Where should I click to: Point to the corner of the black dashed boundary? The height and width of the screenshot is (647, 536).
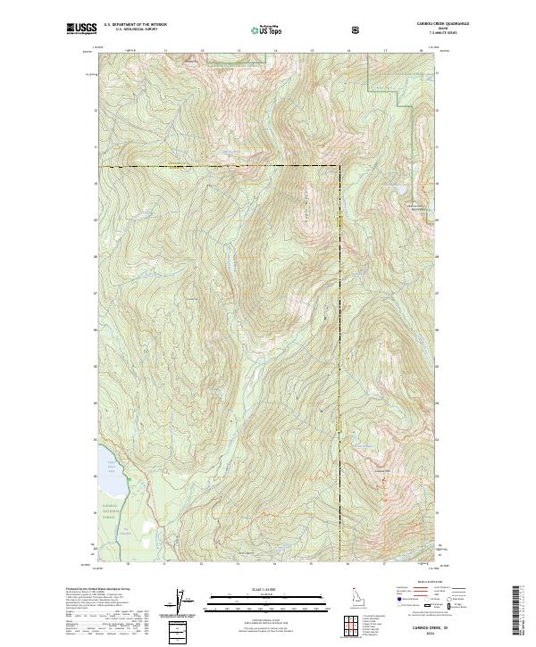(339, 166)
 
